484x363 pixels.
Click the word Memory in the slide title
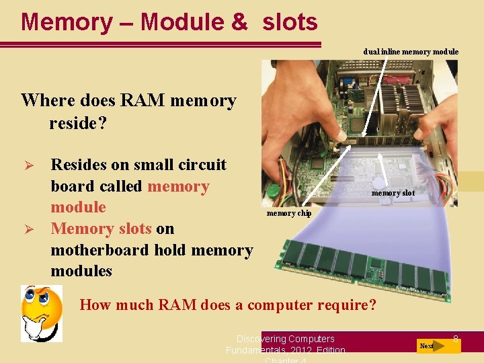(67, 22)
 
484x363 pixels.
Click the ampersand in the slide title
(239, 22)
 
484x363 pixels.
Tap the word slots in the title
(290, 22)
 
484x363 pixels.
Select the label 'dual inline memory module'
(411, 52)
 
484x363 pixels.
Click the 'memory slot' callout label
(393, 194)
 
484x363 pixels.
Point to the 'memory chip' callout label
(289, 214)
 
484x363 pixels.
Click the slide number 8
(455, 339)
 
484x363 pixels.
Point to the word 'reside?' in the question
(78, 122)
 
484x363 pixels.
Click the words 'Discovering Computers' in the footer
(285, 339)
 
